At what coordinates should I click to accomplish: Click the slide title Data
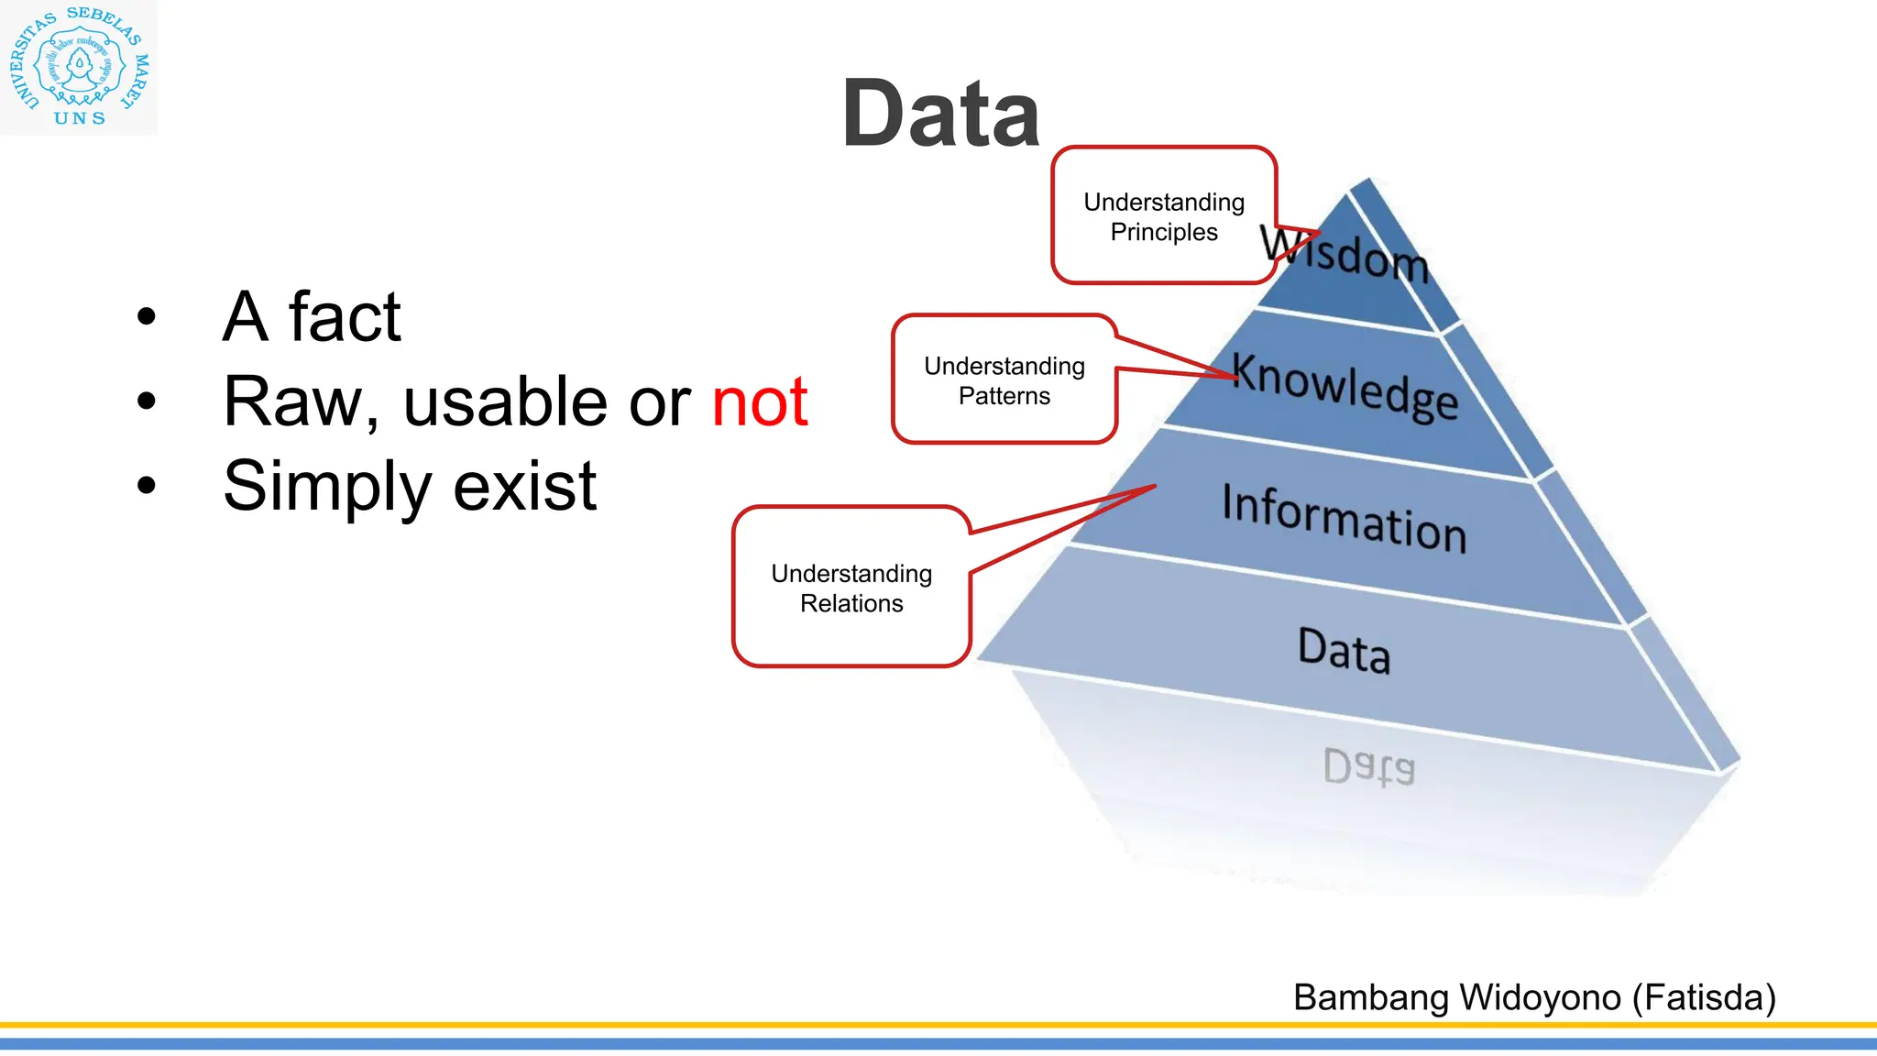click(x=940, y=114)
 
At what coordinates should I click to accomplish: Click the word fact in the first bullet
click(x=345, y=317)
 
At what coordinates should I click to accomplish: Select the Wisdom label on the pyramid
click(x=1345, y=253)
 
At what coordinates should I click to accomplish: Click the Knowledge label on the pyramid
click(x=1345, y=386)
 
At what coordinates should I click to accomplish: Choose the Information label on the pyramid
click(x=1345, y=518)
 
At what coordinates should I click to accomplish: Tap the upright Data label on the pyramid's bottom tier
click(x=1345, y=650)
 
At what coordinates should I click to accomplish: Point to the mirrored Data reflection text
click(x=1369, y=766)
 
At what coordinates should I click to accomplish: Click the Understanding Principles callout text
click(x=1164, y=216)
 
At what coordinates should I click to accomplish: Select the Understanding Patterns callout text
click(x=1004, y=380)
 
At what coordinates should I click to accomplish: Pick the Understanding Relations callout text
click(x=851, y=588)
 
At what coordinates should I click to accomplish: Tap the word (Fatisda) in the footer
click(x=1705, y=997)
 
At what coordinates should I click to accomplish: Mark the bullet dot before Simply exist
click(x=147, y=486)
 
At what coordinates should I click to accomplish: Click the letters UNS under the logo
click(x=80, y=118)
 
